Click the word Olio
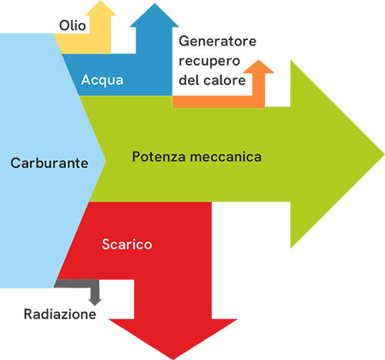(72, 25)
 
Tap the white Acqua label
(102, 80)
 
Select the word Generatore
(217, 41)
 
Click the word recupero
(209, 62)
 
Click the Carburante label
(49, 163)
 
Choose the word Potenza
(159, 156)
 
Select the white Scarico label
(127, 244)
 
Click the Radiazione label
(60, 314)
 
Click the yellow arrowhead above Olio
(100, 8)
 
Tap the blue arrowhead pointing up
(154, 15)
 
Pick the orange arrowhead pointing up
(259, 67)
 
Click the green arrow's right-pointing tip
(384, 153)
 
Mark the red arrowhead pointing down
(173, 339)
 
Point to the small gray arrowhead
(95, 302)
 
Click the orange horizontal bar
(219, 102)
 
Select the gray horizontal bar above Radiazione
(76, 284)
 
